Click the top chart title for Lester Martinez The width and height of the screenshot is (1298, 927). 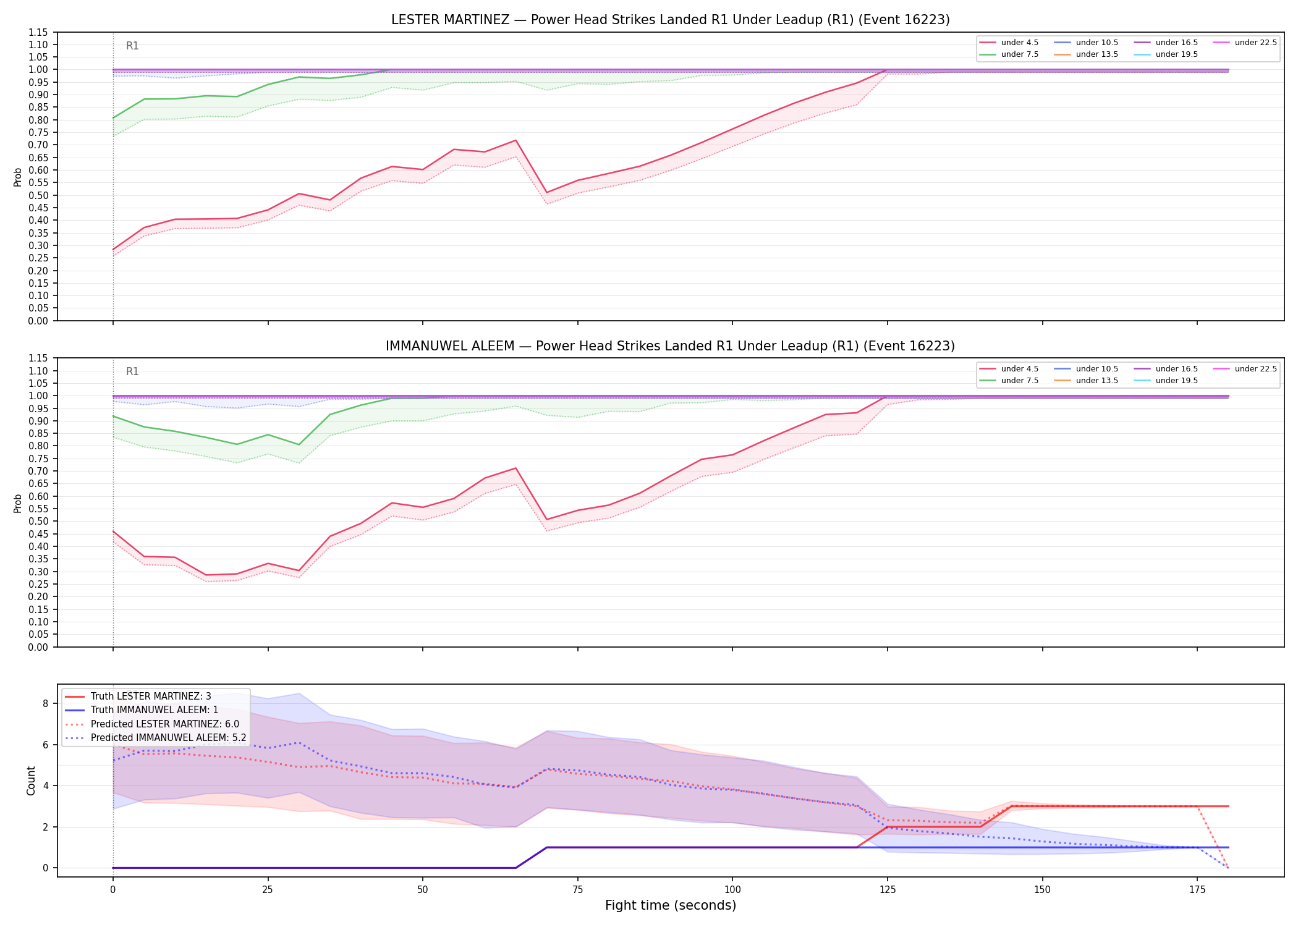670,20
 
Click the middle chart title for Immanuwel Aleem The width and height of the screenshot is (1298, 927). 670,346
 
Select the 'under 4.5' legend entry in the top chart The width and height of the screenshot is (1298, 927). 1009,43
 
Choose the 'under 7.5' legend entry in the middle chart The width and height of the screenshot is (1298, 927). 1009,381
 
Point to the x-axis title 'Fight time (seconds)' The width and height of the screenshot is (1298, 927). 671,905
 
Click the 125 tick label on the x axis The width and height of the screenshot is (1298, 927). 888,890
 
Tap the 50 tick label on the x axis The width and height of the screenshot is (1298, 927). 423,890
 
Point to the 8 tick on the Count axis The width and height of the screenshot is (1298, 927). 46,703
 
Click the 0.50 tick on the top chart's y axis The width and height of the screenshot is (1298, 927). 40,195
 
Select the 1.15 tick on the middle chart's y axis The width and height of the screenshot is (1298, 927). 40,358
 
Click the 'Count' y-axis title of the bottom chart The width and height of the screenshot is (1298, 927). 31,781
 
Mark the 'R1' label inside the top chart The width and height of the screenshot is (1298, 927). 132,46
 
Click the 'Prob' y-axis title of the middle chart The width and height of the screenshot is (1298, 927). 18,503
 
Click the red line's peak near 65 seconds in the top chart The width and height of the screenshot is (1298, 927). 515,140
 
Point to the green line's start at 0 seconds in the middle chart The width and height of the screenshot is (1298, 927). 113,416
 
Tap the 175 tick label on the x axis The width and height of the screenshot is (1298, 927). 1197,890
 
